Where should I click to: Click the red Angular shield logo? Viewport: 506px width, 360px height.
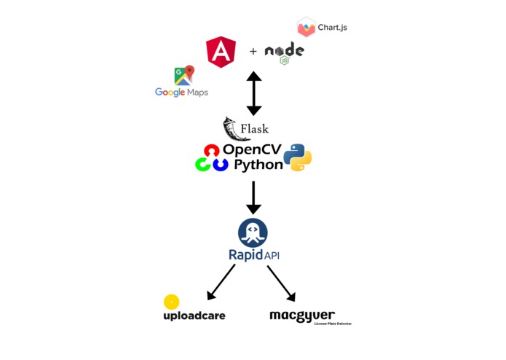tap(221, 52)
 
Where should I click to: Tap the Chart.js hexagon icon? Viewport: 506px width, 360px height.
tap(307, 28)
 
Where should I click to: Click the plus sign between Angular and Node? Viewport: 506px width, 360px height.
tap(253, 52)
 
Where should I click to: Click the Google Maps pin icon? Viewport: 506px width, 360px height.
tap(183, 76)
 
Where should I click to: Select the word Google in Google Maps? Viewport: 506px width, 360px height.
tap(170, 93)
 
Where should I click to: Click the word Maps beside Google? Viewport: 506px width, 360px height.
tap(197, 93)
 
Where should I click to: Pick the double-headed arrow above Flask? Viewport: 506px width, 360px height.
tap(253, 93)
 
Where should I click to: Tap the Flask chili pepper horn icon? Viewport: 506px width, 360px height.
tap(234, 129)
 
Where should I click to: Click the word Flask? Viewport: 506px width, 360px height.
tap(254, 130)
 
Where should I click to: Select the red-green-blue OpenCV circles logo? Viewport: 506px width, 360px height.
tap(211, 157)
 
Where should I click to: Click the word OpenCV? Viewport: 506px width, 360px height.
tap(251, 149)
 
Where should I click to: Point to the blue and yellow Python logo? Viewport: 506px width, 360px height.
tap(297, 157)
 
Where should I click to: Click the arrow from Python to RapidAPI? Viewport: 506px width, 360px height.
tap(253, 197)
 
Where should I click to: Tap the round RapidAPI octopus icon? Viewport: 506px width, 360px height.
tap(253, 233)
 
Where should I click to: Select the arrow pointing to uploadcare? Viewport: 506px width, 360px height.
tap(221, 282)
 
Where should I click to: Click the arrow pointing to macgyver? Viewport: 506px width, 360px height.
tap(281, 283)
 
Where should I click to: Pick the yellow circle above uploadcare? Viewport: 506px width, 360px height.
tap(171, 302)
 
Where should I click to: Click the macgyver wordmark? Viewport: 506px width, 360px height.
tap(302, 316)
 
